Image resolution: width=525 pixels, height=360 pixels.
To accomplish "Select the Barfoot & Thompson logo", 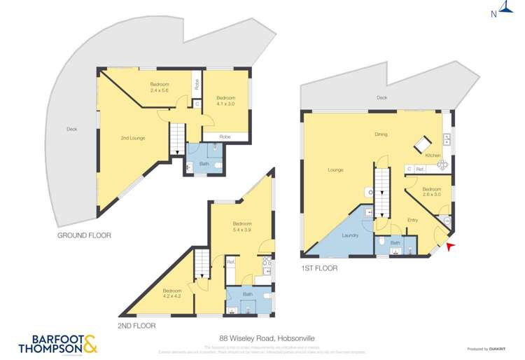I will (x=57, y=344).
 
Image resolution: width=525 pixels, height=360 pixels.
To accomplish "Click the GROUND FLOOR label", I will (x=84, y=236).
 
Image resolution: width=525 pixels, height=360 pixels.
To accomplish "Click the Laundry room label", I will (x=350, y=235).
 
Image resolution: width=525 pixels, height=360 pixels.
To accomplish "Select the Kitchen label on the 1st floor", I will (x=433, y=155).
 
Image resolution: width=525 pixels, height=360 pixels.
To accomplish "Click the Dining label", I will (x=381, y=134).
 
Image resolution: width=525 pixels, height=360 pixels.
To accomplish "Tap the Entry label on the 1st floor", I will (x=412, y=220).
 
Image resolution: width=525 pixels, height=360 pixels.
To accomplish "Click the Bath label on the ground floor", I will (x=204, y=164).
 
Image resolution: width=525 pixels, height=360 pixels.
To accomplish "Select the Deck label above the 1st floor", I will (x=381, y=98).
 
